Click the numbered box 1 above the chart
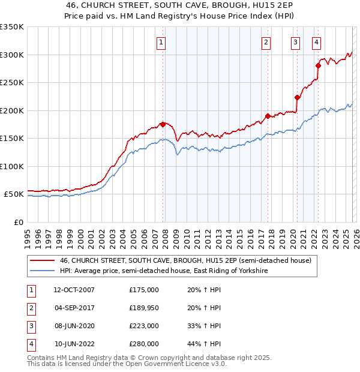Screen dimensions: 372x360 point(162,42)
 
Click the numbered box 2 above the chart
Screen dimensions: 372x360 point(266,42)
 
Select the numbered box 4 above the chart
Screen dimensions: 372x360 point(316,42)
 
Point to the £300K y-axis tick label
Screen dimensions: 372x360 point(11,55)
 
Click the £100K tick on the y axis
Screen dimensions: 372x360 point(11,166)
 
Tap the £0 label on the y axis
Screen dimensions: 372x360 point(17,222)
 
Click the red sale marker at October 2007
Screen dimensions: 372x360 point(163,124)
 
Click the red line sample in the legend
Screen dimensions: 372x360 point(42,261)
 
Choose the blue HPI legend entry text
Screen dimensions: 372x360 point(164,271)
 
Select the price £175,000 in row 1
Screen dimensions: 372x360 point(144,290)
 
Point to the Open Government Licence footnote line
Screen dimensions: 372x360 point(127,364)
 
